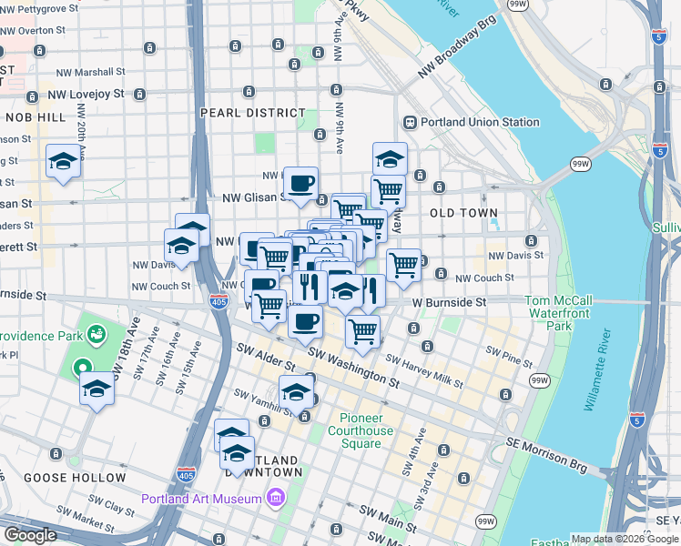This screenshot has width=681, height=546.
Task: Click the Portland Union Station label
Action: (480, 122)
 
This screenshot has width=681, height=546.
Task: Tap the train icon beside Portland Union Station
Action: (411, 122)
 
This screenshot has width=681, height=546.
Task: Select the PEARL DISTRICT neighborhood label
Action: (253, 113)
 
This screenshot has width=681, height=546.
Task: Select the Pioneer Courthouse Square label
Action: (361, 430)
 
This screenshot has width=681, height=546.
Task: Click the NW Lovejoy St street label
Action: (86, 94)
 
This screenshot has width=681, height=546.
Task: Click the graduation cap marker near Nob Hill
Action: (63, 161)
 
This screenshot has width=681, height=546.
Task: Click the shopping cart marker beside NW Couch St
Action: (403, 265)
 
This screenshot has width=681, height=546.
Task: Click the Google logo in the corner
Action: (31, 535)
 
